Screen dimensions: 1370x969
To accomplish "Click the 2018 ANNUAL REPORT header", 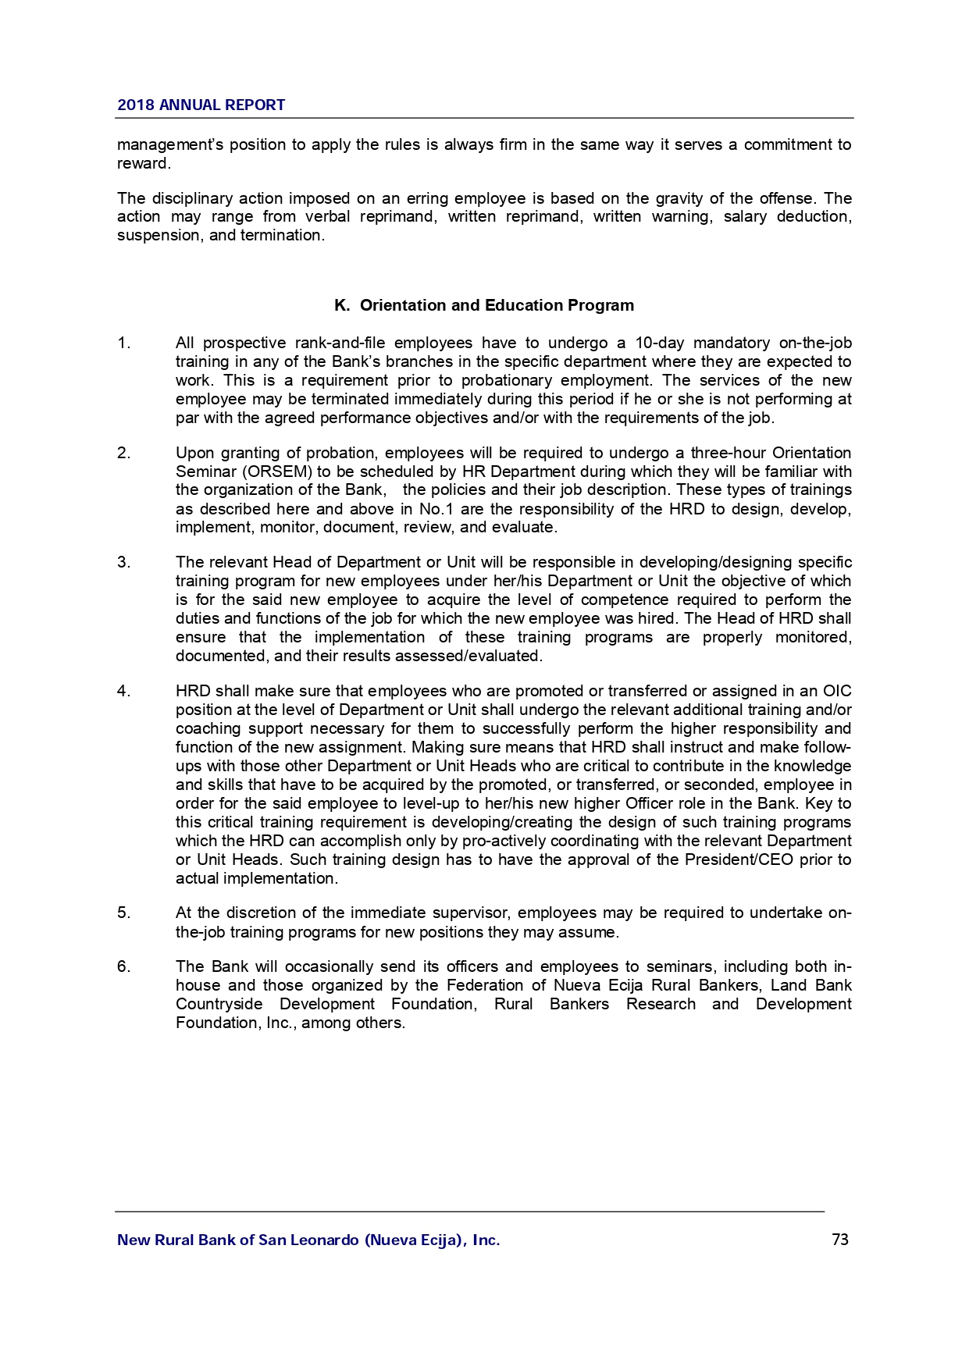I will click(201, 105).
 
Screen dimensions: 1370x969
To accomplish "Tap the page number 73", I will click(840, 1240).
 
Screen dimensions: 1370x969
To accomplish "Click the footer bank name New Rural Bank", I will click(308, 1240).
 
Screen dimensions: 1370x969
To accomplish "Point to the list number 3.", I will click(123, 562).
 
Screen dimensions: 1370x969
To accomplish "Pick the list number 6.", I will click(123, 966).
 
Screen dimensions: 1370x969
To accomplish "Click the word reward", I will click(143, 163).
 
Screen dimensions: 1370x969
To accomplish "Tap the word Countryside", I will click(219, 1004).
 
